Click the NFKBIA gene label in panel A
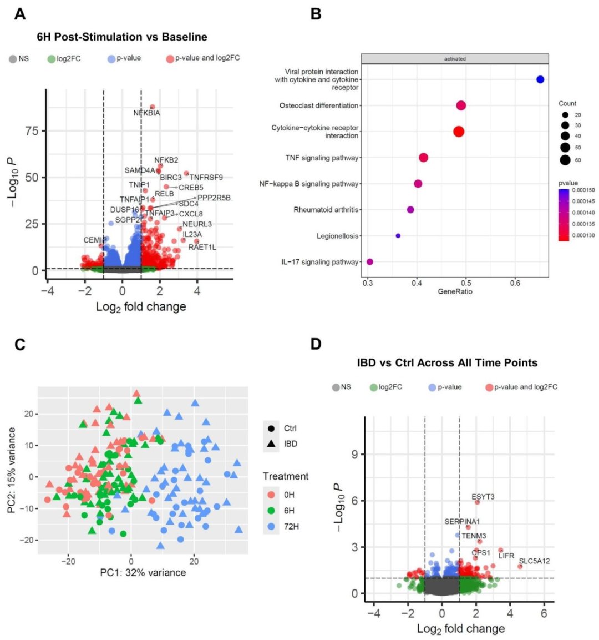(146, 113)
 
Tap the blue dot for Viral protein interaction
(540, 79)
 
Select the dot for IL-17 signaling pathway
(370, 262)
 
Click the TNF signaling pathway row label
(322, 158)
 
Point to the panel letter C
(20, 344)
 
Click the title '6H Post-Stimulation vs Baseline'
(122, 37)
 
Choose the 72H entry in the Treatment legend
(291, 526)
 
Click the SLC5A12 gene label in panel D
(534, 561)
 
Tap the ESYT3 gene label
(483, 497)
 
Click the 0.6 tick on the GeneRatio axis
(515, 283)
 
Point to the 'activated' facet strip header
(455, 58)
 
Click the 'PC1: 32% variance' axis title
(143, 572)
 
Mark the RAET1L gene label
(202, 247)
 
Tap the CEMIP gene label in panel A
(95, 240)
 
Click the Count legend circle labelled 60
(565, 160)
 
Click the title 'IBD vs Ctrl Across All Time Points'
(447, 363)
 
